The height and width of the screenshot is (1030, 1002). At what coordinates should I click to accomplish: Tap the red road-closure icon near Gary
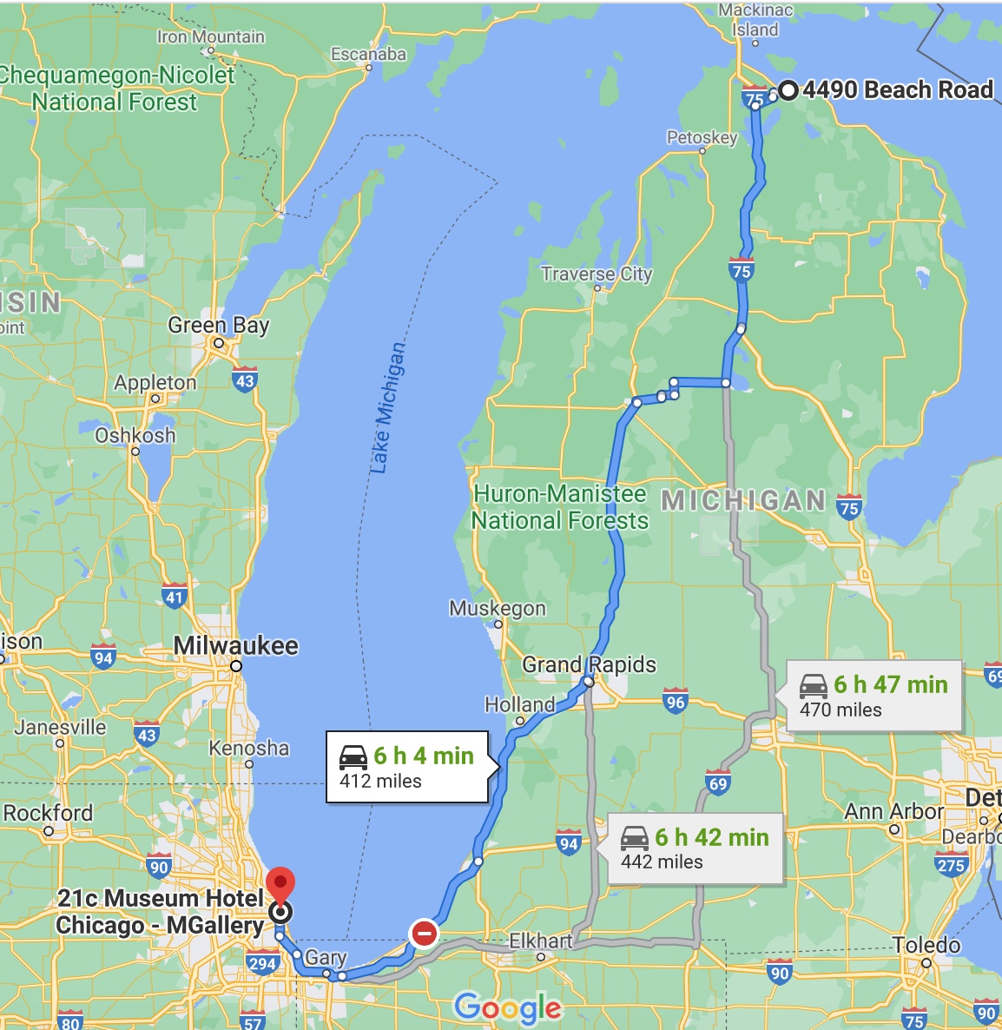[x=424, y=934]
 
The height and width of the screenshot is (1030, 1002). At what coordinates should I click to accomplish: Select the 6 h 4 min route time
[x=424, y=756]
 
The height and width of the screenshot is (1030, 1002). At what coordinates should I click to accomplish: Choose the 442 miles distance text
[x=662, y=862]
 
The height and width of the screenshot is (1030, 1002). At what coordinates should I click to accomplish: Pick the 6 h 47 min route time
[x=891, y=684]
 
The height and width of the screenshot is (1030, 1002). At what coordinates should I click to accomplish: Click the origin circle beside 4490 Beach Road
[x=788, y=90]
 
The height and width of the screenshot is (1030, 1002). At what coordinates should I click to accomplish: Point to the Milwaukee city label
[x=235, y=646]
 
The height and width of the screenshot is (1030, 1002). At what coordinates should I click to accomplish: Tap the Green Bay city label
[x=219, y=326]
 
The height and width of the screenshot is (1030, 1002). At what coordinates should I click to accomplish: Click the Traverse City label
[x=597, y=274]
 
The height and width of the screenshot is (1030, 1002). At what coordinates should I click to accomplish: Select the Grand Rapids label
[x=589, y=665]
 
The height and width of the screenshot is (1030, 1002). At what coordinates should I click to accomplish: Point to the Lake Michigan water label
[x=387, y=408]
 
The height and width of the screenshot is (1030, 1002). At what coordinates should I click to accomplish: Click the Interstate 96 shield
[x=676, y=702]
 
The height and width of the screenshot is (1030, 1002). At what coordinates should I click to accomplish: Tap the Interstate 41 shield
[x=175, y=597]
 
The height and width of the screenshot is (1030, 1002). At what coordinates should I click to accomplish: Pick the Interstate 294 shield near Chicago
[x=261, y=962]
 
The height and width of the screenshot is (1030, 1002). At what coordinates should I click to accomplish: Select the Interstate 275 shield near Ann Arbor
[x=951, y=864]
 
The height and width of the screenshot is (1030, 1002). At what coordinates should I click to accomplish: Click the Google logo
[x=508, y=1007]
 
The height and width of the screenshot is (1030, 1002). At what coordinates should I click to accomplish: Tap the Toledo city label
[x=926, y=945]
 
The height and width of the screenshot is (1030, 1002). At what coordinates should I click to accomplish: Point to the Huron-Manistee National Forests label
[x=560, y=507]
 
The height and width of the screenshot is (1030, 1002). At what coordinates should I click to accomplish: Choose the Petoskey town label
[x=702, y=137]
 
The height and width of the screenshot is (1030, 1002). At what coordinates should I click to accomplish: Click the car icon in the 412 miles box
[x=353, y=756]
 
